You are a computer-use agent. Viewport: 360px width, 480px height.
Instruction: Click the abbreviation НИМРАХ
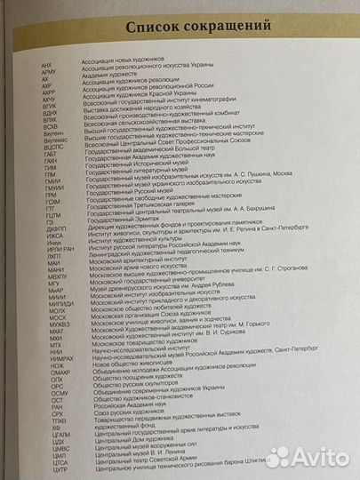coord(52,357)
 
